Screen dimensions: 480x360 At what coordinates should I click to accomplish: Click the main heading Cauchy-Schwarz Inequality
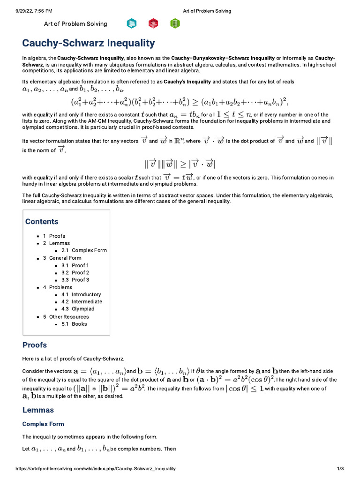pos(89,43)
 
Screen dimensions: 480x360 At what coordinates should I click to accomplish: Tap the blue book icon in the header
pos(132,23)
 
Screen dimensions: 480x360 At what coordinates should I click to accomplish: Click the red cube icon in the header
pos(153,23)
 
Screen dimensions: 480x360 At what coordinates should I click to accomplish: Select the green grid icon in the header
pos(175,23)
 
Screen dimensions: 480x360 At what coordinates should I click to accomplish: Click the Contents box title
pos(42,222)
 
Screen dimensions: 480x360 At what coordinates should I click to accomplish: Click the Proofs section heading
pos(35,345)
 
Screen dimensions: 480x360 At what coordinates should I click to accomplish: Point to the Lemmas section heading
pos(38,410)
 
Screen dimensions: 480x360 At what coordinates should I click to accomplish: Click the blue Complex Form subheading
pos(43,424)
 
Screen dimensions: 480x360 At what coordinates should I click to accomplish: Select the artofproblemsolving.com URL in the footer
pos(96,469)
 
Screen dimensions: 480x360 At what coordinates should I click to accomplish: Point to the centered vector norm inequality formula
pos(180,164)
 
